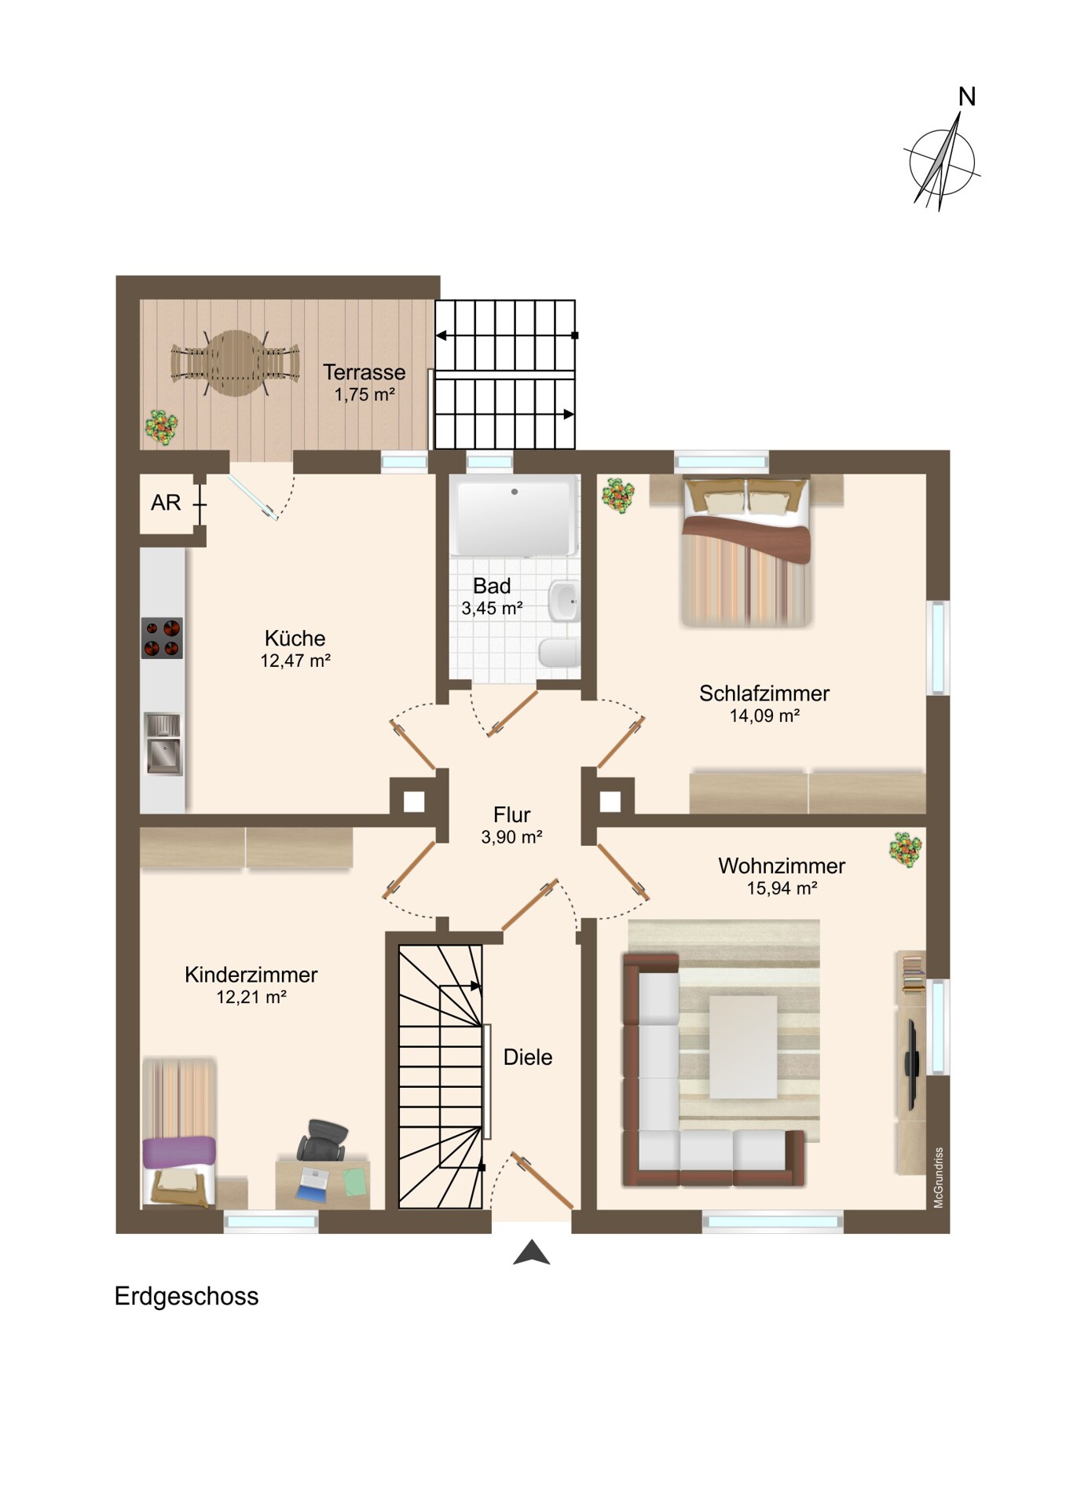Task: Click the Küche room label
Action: tap(295, 638)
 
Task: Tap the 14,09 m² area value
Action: tap(764, 716)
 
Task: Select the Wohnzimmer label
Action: tap(782, 866)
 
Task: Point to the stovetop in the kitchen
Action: tap(162, 638)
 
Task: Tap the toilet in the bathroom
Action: tap(559, 653)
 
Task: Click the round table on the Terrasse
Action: tap(235, 364)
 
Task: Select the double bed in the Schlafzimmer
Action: tap(746, 551)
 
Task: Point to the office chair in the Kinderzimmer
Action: tap(322, 1140)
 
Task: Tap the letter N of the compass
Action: tap(967, 97)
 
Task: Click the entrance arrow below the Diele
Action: tap(532, 1252)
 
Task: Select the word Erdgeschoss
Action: tap(186, 1296)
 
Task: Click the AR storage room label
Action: tap(166, 502)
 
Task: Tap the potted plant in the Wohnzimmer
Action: tap(905, 850)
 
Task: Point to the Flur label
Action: tap(511, 814)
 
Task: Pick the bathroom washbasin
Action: tap(563, 602)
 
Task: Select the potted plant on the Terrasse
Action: tap(161, 427)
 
